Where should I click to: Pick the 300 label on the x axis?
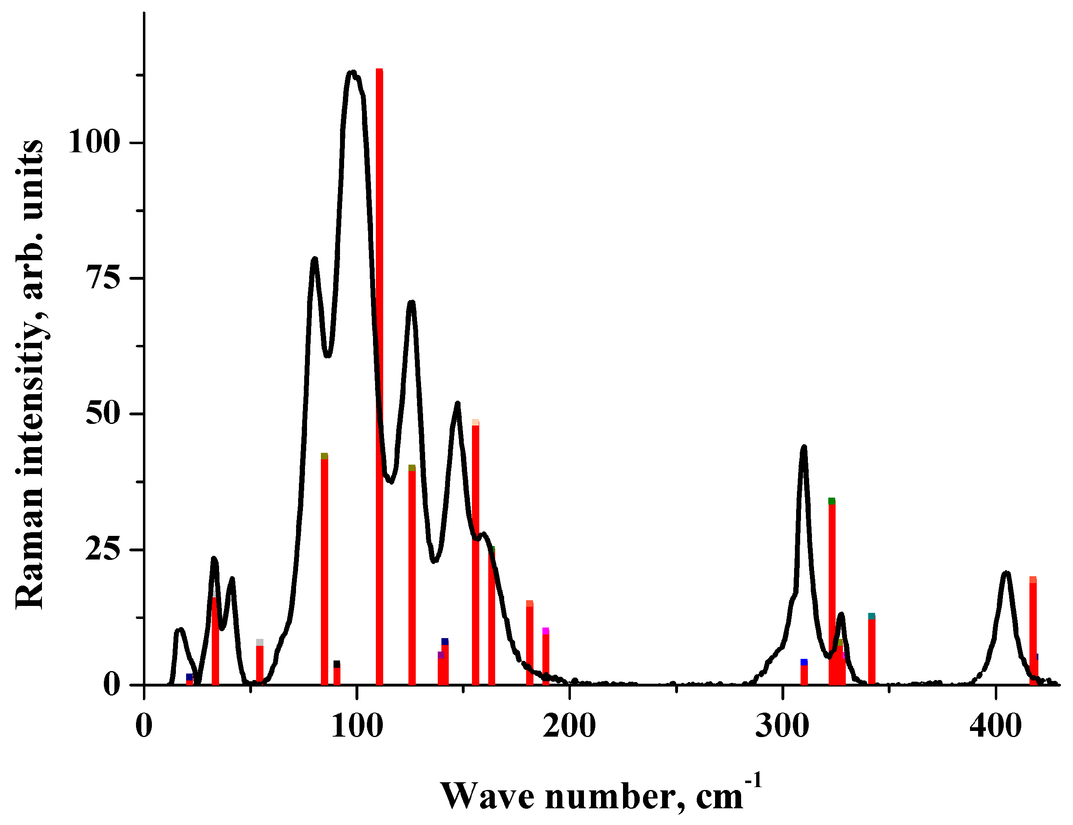(x=782, y=726)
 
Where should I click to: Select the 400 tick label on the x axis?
(x=995, y=726)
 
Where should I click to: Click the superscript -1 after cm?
(x=754, y=780)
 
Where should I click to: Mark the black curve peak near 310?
(x=804, y=448)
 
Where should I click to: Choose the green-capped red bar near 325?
(x=832, y=589)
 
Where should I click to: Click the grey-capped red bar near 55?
(x=260, y=663)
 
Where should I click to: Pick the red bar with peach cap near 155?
(x=475, y=550)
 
